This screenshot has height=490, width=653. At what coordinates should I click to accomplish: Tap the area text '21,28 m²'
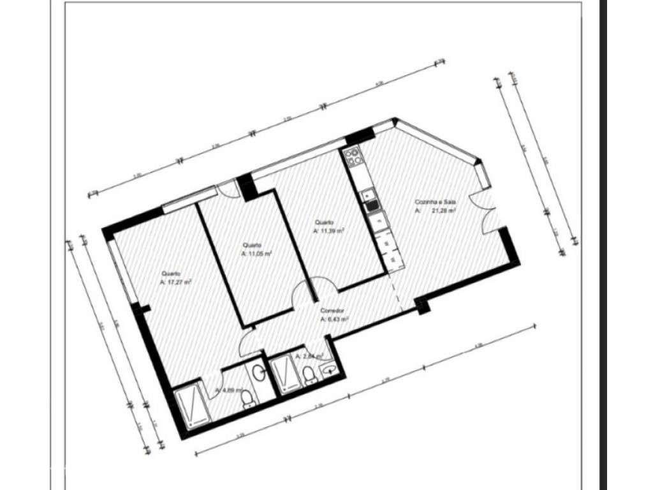tap(443, 210)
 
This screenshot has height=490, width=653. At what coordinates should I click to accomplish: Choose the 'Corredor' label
tap(332, 311)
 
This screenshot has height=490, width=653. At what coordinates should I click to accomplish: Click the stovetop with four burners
tap(351, 156)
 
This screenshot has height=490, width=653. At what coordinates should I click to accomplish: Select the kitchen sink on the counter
tap(371, 205)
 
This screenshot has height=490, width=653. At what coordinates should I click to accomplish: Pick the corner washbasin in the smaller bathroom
tap(330, 369)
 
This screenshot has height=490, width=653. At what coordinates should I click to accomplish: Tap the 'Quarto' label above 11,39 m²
tap(322, 223)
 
